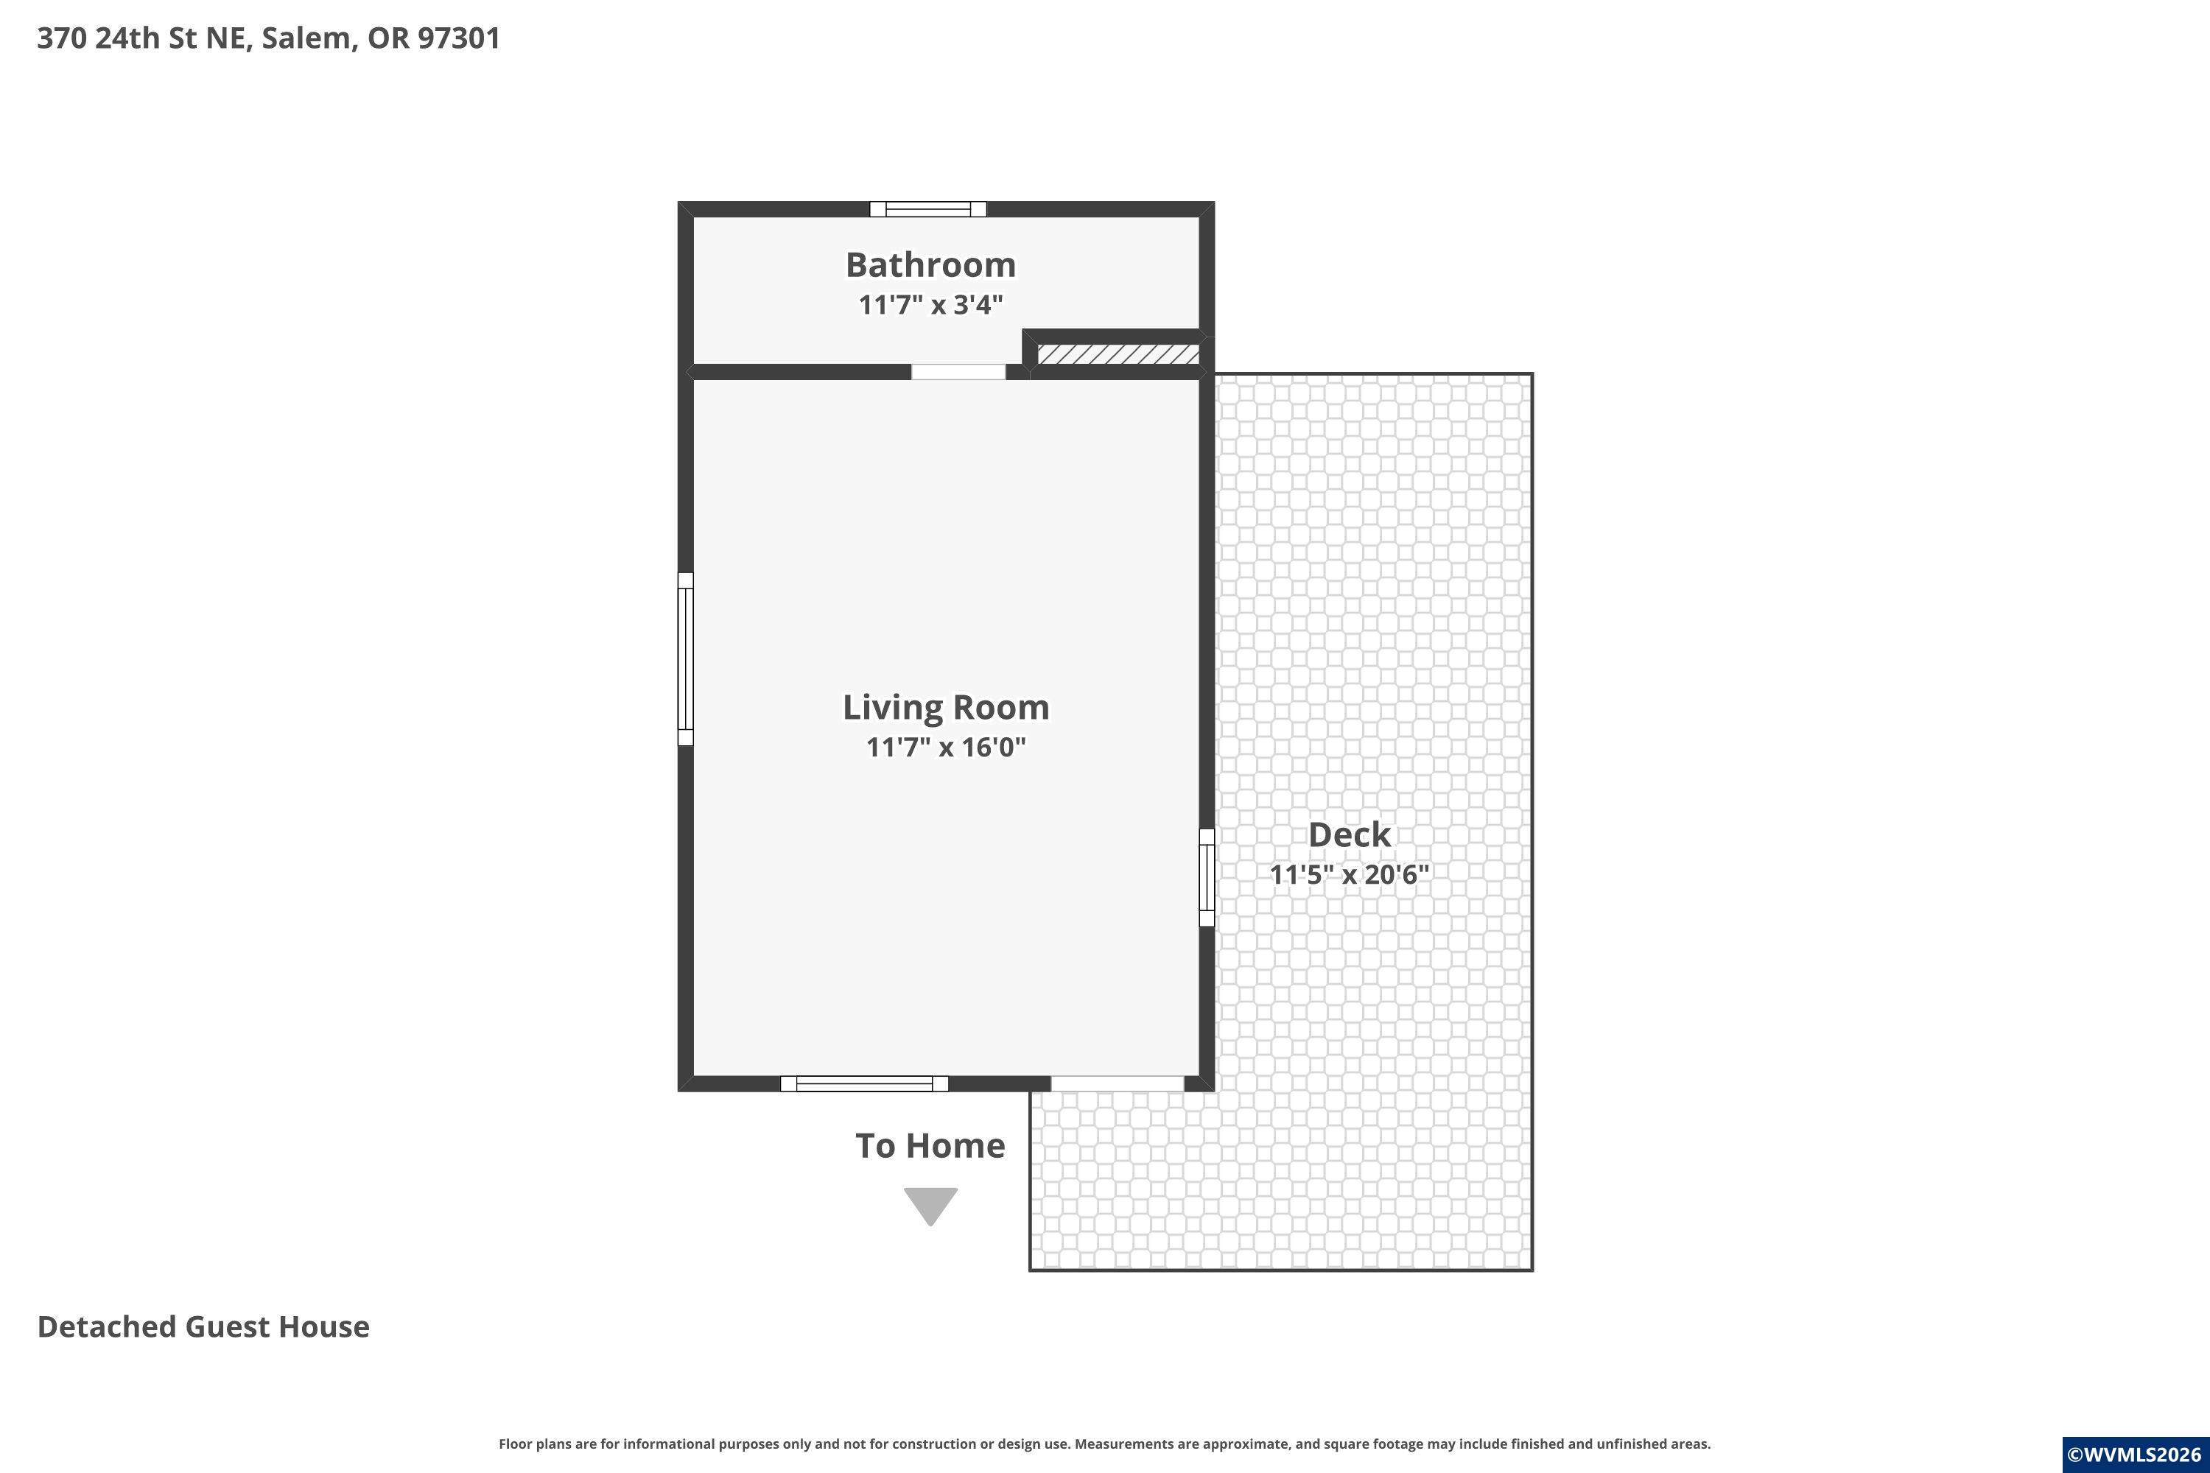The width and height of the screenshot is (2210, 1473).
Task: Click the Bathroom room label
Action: [930, 265]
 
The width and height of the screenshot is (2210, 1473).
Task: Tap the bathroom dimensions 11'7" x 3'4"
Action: [930, 304]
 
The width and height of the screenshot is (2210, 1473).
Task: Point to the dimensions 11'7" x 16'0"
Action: [945, 747]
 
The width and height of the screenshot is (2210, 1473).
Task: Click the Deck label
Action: [1350, 834]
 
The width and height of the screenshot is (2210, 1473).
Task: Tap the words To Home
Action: [930, 1146]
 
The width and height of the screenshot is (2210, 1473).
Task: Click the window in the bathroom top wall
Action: [927, 209]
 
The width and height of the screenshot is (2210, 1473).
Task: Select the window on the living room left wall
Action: [686, 658]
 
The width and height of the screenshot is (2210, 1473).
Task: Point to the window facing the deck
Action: [1207, 877]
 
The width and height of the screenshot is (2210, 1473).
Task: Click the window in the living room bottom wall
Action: [864, 1083]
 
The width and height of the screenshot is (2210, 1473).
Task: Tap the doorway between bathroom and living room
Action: [958, 372]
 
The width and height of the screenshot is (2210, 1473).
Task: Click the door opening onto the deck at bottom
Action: [1118, 1083]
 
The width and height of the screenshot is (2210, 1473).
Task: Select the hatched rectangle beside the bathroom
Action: [1118, 354]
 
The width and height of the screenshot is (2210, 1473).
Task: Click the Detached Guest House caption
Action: [203, 1326]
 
